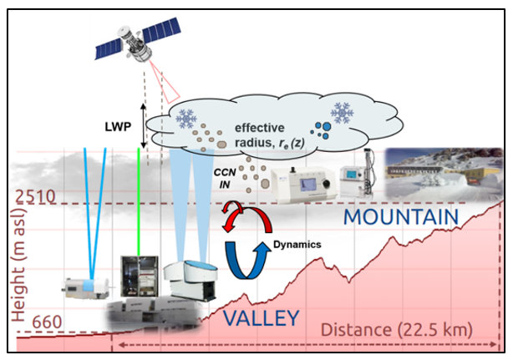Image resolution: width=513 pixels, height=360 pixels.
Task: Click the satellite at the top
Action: click(x=138, y=41)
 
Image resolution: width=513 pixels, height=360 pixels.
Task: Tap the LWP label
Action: click(x=118, y=126)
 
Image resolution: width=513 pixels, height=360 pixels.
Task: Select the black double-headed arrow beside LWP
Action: click(x=143, y=126)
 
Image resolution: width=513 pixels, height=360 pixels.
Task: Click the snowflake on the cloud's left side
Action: click(x=186, y=118)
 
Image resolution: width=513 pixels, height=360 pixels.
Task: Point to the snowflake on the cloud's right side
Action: click(x=343, y=113)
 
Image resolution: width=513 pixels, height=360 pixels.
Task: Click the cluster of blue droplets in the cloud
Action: click(x=322, y=130)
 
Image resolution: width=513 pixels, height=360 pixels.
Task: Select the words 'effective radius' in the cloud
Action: click(x=260, y=135)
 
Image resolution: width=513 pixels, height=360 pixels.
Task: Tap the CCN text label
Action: click(x=225, y=173)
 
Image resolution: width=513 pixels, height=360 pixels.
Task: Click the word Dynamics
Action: click(x=297, y=245)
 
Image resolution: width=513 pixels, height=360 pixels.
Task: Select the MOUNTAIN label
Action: click(x=401, y=216)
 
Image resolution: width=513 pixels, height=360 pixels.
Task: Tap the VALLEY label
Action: click(x=261, y=317)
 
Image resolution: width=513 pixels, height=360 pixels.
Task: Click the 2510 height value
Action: click(x=36, y=197)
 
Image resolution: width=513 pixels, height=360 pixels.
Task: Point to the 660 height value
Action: click(x=47, y=322)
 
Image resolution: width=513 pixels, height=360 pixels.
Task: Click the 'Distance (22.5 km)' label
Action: click(x=397, y=330)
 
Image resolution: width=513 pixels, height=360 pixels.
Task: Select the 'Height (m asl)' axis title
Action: click(x=18, y=261)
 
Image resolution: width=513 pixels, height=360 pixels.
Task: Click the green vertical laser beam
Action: click(x=139, y=201)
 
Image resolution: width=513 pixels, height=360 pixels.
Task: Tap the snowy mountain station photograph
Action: click(x=444, y=174)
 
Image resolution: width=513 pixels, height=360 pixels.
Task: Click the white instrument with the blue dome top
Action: click(x=190, y=280)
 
